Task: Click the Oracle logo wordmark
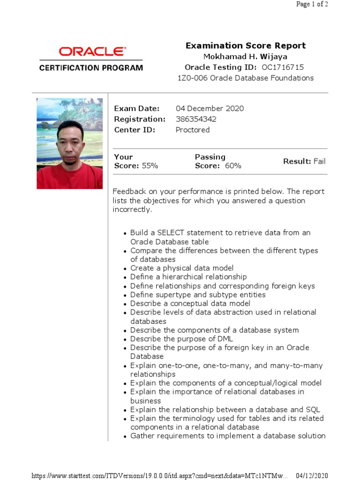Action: click(x=92, y=51)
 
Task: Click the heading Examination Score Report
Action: click(x=246, y=45)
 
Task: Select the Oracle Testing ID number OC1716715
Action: click(x=283, y=67)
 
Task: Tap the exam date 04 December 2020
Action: click(x=210, y=108)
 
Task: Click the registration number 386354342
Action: click(x=196, y=119)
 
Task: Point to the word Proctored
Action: click(x=192, y=130)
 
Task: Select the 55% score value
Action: click(x=150, y=166)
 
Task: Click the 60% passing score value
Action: click(x=233, y=166)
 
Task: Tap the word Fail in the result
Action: click(x=319, y=161)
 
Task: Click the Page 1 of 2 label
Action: click(x=312, y=5)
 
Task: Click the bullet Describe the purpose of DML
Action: click(x=181, y=339)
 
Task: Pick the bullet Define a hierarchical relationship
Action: click(x=188, y=277)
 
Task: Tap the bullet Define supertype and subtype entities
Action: click(x=198, y=295)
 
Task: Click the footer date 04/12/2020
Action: click(x=312, y=476)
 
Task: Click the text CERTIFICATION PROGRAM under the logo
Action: click(x=91, y=67)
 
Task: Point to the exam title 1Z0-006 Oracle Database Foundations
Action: click(x=245, y=78)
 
